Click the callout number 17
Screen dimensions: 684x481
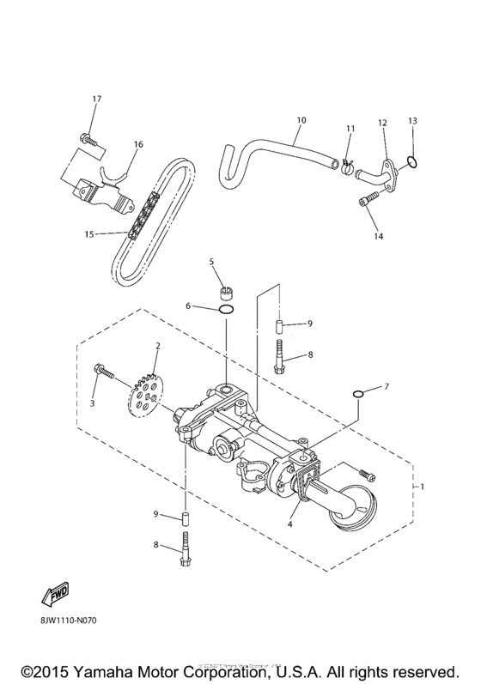tap(96, 100)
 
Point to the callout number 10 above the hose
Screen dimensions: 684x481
tap(301, 121)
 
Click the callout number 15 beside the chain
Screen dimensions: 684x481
tap(88, 233)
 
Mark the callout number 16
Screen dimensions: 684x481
tap(137, 145)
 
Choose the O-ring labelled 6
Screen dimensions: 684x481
tap(227, 310)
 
